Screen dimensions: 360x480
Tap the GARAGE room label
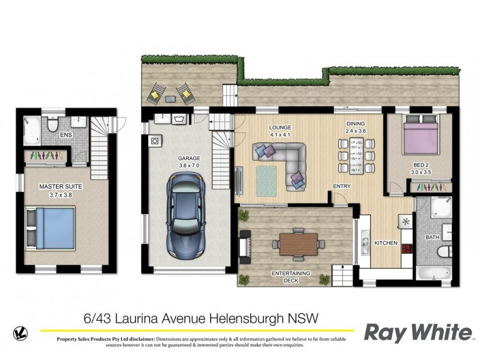point(188,159)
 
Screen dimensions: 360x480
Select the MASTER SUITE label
point(61,187)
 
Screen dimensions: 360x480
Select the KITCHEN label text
point(386,243)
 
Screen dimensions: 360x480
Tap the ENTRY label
point(341,186)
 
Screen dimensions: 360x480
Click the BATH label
point(432,238)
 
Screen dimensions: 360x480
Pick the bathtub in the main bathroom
point(434,274)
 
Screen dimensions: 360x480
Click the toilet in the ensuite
point(53,124)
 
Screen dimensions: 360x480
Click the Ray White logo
point(418,332)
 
